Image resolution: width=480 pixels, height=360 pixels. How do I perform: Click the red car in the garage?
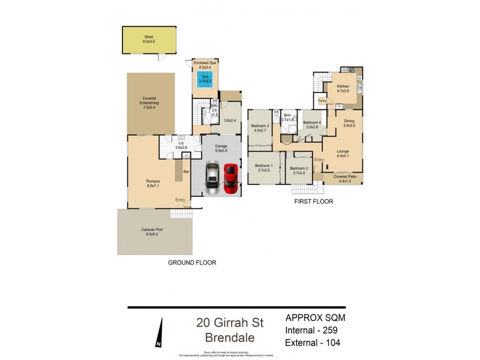coord(231,178)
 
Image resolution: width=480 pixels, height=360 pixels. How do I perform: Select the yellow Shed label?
coord(148,40)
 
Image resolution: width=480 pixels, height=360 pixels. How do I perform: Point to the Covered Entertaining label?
coord(149,103)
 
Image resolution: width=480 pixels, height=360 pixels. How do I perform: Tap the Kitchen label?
coord(343,89)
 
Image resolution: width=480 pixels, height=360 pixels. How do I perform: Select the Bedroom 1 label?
coord(263,167)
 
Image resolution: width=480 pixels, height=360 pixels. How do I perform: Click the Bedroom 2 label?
coord(299,170)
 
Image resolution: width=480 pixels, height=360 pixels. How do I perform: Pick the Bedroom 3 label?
coord(260,127)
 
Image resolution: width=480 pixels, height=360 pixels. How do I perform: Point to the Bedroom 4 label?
coord(313,125)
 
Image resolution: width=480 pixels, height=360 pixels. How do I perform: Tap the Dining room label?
coord(349,122)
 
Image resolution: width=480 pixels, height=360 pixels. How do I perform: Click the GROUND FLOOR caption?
coord(193,262)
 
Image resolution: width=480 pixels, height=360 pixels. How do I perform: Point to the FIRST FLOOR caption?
coord(313,202)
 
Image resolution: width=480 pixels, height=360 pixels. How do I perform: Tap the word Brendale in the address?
coord(230,338)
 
